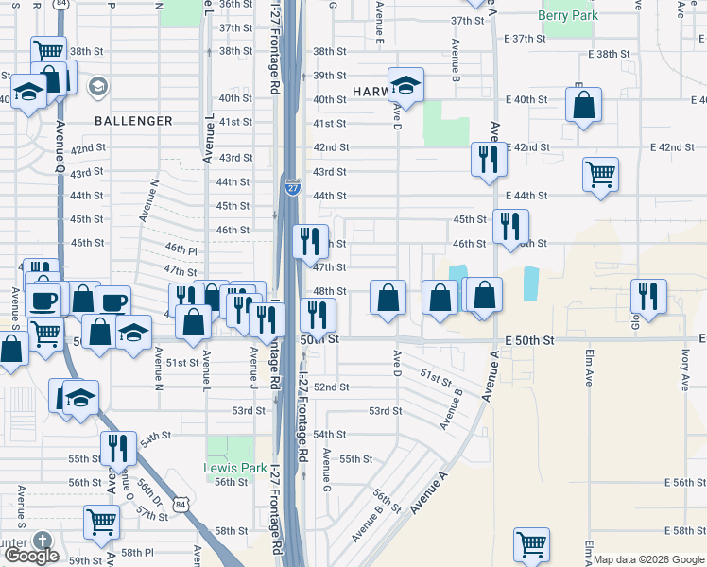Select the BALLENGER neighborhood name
pos(133,121)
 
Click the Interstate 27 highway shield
pos(291,188)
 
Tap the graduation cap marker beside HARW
pos(405,85)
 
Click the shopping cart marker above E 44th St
pos(600,174)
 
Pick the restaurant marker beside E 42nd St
pos(489,159)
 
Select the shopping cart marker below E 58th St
pos(531,544)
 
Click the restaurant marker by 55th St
pos(119,447)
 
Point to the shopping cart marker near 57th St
pos(101,521)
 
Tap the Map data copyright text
pos(648,559)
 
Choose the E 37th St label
pos(526,39)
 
